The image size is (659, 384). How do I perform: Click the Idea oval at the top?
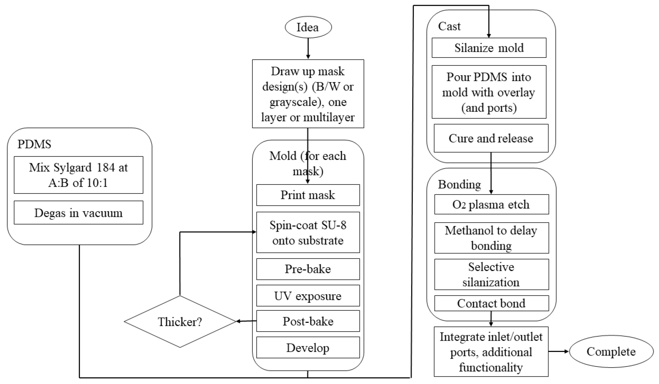coord(308,27)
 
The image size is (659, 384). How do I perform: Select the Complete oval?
coord(611,352)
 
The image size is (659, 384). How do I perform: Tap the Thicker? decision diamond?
coord(180,322)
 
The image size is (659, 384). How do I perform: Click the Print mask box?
coord(308,195)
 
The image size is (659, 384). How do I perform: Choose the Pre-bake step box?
coord(308,269)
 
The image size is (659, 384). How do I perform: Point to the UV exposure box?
coord(308,296)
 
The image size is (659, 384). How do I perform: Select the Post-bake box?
coord(308,321)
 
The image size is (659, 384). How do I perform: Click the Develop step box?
coord(308,348)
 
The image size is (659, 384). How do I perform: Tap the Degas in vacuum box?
coord(79,213)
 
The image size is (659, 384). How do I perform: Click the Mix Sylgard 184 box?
coord(79,175)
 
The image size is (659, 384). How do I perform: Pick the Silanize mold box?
coord(489,48)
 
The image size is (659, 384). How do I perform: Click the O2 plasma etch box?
coord(491,204)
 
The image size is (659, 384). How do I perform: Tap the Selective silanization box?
coord(491,275)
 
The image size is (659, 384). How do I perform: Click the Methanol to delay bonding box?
coord(491,238)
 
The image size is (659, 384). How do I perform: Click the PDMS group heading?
coord(34,144)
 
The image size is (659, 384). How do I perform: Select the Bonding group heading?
coord(459,184)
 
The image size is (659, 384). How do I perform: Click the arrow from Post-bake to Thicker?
coord(246,321)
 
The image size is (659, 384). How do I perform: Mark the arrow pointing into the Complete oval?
coord(559,351)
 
